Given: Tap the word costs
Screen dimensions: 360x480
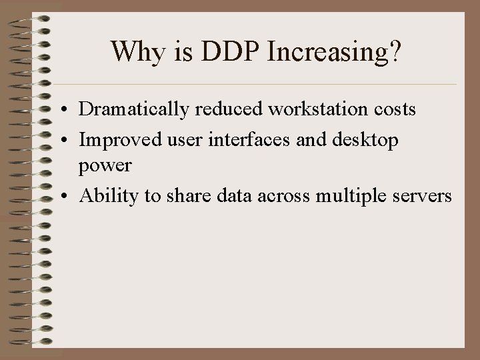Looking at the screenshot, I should pyautogui.click(x=393, y=109).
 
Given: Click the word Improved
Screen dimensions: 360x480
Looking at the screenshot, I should pyautogui.click(x=111, y=140).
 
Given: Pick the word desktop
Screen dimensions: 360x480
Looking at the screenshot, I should pyautogui.click(x=366, y=141).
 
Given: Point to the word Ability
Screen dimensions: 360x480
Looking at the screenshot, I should pyautogui.click(x=101, y=197).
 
